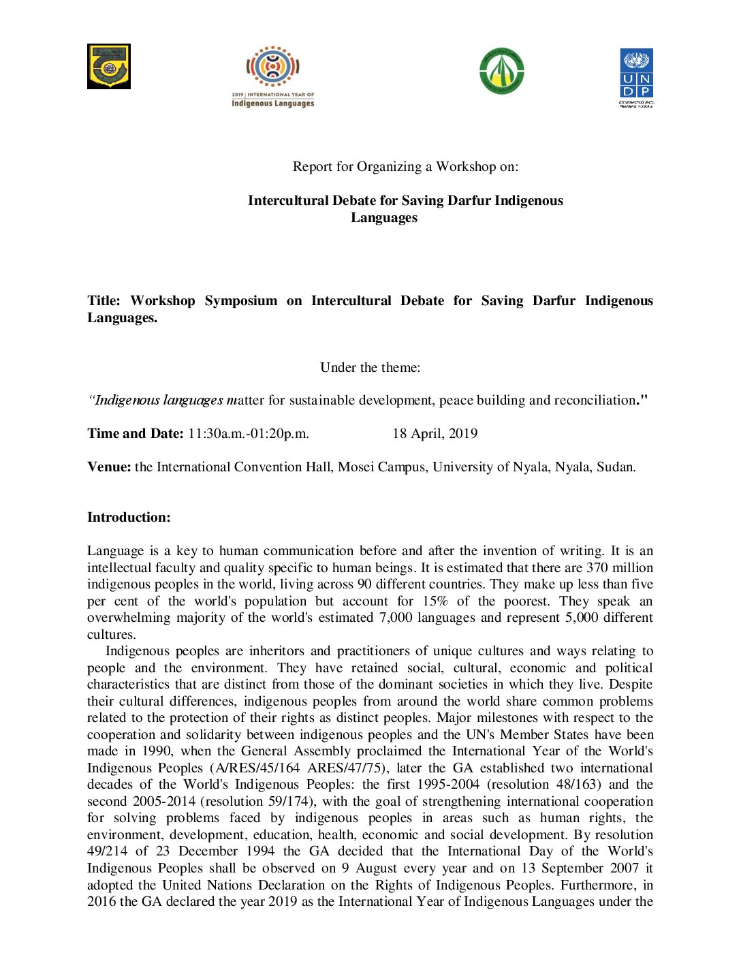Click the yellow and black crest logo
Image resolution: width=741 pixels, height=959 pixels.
[x=108, y=66]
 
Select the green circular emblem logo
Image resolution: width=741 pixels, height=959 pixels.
[x=502, y=71]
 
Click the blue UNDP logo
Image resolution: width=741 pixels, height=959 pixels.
[x=636, y=76]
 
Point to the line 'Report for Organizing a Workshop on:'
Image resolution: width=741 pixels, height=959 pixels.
[x=405, y=167]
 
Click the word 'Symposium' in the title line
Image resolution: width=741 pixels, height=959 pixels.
[x=240, y=301]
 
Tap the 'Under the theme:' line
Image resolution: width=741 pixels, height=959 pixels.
[x=370, y=368]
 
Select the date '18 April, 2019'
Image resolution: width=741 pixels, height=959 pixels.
[x=435, y=434]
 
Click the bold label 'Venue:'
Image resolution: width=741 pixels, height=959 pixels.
[x=109, y=467]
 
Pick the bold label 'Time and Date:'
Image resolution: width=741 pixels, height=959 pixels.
[x=135, y=434]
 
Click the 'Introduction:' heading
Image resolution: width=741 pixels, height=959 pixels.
[x=129, y=518]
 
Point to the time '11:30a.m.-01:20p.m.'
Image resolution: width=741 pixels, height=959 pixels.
[x=249, y=434]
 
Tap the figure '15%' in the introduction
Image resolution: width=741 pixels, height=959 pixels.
[x=435, y=601]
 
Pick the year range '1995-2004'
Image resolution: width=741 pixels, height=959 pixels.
[x=448, y=785]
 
